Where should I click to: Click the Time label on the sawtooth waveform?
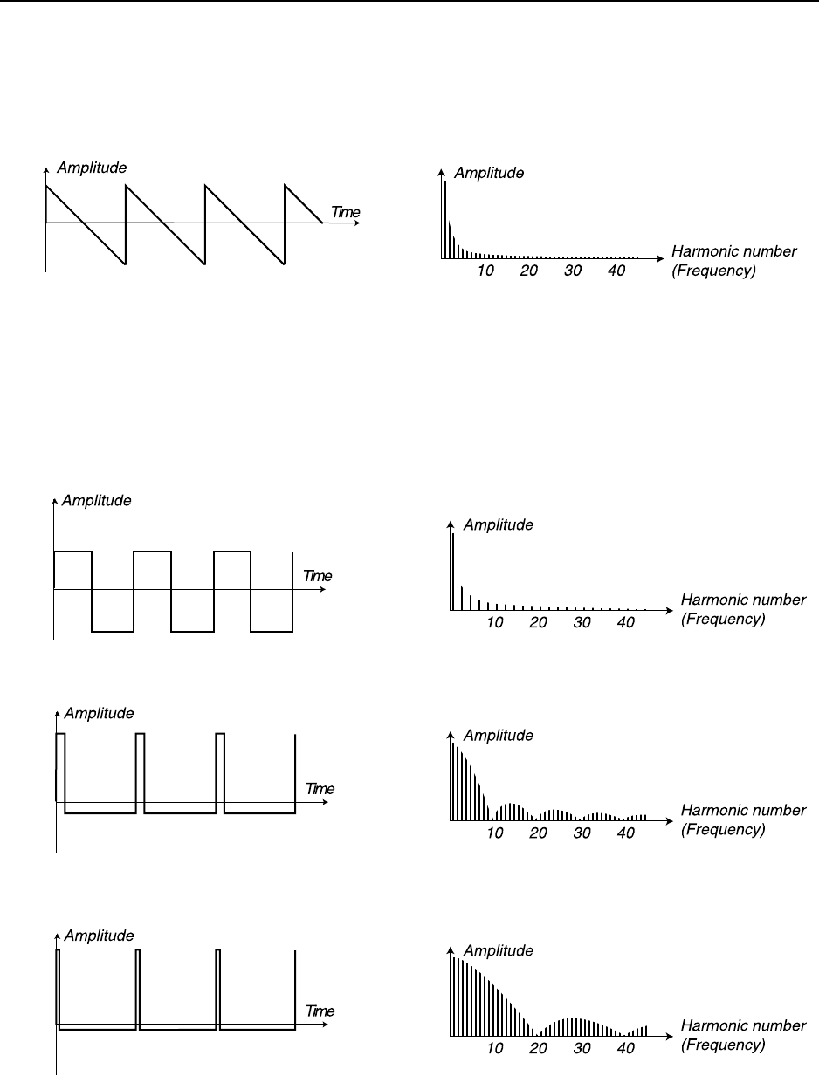pyautogui.click(x=345, y=212)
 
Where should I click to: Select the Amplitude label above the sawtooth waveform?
pyautogui.click(x=92, y=168)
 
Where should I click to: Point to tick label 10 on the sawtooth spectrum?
pyautogui.click(x=485, y=271)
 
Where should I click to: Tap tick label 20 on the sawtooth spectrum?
pyautogui.click(x=529, y=271)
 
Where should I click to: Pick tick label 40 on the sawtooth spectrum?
pyautogui.click(x=616, y=271)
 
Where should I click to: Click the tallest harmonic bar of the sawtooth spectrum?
pyautogui.click(x=445, y=218)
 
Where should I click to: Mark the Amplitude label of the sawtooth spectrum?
pyautogui.click(x=489, y=173)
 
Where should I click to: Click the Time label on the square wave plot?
pyautogui.click(x=318, y=576)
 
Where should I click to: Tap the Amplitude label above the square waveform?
pyautogui.click(x=97, y=501)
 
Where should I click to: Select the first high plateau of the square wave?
pyautogui.click(x=72, y=552)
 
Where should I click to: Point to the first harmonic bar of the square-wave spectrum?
pyautogui.click(x=453, y=572)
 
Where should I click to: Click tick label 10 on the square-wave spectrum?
pyautogui.click(x=495, y=623)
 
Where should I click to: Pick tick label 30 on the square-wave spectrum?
pyautogui.click(x=582, y=623)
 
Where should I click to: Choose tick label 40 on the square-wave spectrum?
pyautogui.click(x=626, y=623)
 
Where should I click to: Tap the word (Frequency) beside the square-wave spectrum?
pyautogui.click(x=723, y=620)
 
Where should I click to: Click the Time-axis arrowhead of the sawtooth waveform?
pyautogui.click(x=359, y=223)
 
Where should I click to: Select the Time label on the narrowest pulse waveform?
pyautogui.click(x=320, y=1011)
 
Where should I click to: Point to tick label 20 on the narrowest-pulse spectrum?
pyautogui.click(x=539, y=1048)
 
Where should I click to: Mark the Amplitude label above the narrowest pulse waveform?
pyautogui.click(x=99, y=936)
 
